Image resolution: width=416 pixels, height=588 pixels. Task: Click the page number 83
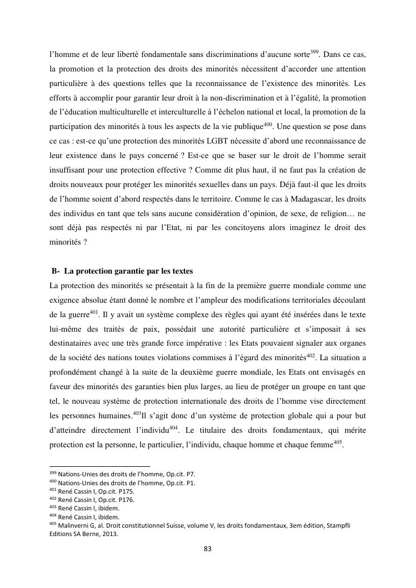click(x=208, y=548)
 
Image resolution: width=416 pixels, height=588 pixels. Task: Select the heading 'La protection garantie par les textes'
click(x=128, y=271)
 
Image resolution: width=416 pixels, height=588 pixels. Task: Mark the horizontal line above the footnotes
click(x=100, y=466)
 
